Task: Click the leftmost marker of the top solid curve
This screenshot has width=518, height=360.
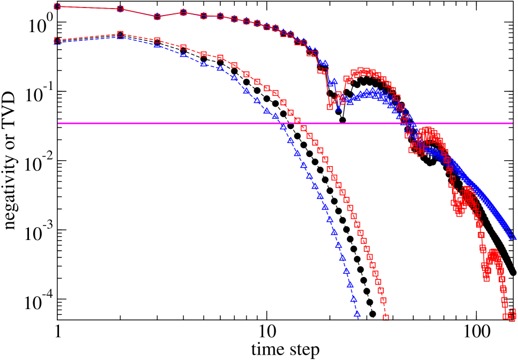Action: [x=57, y=6]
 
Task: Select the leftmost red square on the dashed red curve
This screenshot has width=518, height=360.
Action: [x=57, y=40]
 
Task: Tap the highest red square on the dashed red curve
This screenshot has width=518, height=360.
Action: [x=120, y=34]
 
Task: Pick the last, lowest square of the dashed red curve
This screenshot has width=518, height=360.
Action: [x=386, y=318]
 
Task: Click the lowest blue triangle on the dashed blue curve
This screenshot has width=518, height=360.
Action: [x=357, y=314]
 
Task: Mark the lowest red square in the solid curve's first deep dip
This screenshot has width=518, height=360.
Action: [x=330, y=107]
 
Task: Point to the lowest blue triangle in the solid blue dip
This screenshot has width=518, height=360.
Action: [x=338, y=108]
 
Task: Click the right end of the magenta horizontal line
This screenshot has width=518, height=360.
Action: [x=512, y=123]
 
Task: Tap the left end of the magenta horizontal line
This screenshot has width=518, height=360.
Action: [x=58, y=123]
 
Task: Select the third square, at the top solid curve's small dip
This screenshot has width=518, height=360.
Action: [x=157, y=17]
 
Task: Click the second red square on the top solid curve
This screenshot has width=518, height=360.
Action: [x=120, y=9]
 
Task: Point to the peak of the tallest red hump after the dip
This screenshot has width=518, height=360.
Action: [x=363, y=71]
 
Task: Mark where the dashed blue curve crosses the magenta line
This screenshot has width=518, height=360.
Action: [x=282, y=123]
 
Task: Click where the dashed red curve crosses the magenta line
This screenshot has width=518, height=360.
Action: [x=299, y=123]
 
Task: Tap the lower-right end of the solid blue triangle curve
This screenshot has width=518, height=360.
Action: [x=512, y=236]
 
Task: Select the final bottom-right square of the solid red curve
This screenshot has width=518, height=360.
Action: [x=512, y=318]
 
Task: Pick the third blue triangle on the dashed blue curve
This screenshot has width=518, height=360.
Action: [x=157, y=44]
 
